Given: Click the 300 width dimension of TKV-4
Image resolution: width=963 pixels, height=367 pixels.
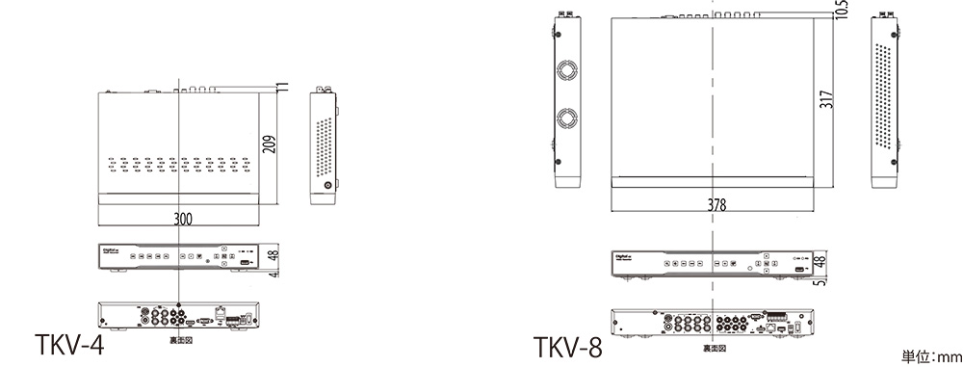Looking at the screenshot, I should click(182, 219).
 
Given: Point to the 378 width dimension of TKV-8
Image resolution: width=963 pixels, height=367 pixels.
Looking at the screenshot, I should click(714, 205).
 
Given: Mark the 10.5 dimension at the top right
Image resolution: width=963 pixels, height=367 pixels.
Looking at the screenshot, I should click(842, 9).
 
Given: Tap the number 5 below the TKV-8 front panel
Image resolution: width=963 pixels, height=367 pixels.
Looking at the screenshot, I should click(820, 282).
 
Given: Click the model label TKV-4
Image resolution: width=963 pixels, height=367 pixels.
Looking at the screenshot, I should click(67, 344).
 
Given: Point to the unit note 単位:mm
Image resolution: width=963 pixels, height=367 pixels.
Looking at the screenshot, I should click(932, 355).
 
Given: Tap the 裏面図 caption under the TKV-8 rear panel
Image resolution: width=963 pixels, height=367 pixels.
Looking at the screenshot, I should click(714, 348).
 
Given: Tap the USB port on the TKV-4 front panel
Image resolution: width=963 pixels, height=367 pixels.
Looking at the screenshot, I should click(245, 261).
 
